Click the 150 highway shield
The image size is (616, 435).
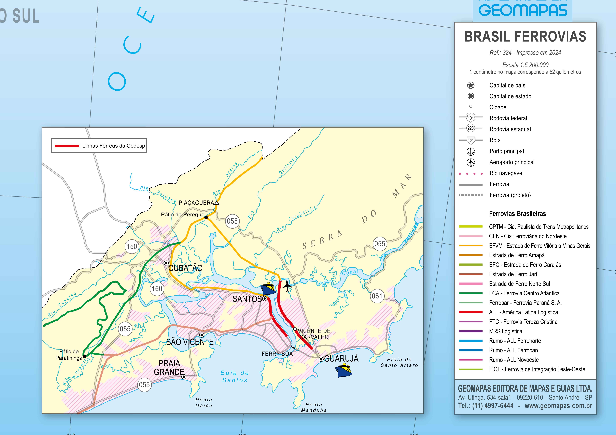click(132, 247)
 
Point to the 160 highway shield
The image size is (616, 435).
click(157, 289)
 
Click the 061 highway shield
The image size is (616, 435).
click(377, 296)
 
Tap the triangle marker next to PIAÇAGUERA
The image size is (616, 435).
click(217, 203)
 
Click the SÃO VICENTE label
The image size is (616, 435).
click(190, 342)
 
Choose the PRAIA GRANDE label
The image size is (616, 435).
click(169, 368)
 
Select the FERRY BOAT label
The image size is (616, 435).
click(278, 354)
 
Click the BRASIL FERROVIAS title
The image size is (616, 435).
click(525, 37)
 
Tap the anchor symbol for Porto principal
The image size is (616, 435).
click(471, 151)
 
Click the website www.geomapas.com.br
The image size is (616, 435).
click(558, 406)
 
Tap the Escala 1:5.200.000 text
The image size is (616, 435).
click(525, 65)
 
